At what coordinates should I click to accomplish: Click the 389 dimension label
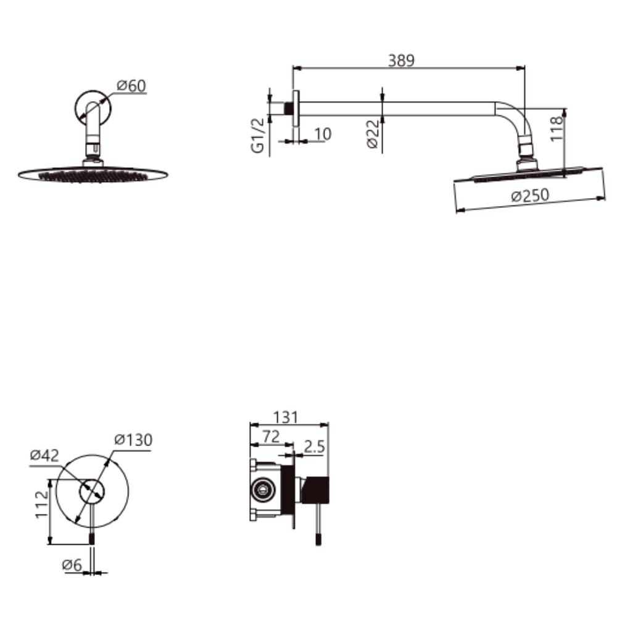(401, 60)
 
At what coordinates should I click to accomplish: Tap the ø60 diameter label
(131, 86)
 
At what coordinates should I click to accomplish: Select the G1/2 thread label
(258, 135)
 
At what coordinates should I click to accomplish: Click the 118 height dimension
(557, 128)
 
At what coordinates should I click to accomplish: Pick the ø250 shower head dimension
(530, 195)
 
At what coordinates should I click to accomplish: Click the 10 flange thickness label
(323, 134)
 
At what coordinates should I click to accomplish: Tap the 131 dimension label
(286, 417)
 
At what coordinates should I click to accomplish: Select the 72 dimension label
(271, 436)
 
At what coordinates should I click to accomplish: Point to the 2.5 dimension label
(315, 447)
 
